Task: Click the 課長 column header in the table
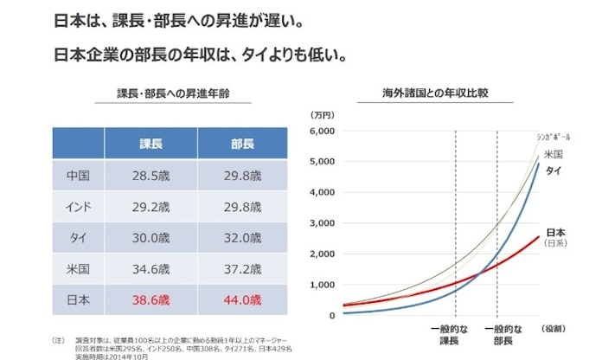coord(152,144)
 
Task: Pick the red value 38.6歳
coord(152,301)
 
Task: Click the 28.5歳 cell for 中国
coord(152,177)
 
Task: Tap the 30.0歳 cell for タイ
coord(152,239)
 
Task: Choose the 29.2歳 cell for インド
coord(152,208)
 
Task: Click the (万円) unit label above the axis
coord(322,113)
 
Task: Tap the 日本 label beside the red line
coord(554,233)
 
